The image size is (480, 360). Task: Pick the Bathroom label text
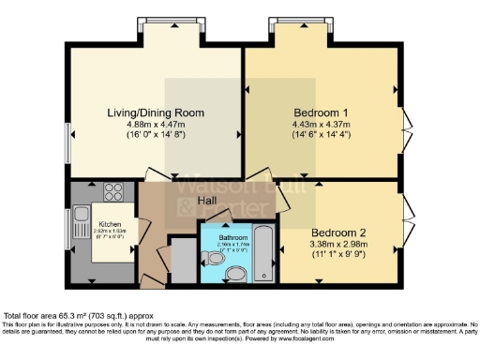point(233,238)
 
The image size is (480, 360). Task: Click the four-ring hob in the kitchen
point(113,192)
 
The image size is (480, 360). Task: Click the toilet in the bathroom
point(236,273)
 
